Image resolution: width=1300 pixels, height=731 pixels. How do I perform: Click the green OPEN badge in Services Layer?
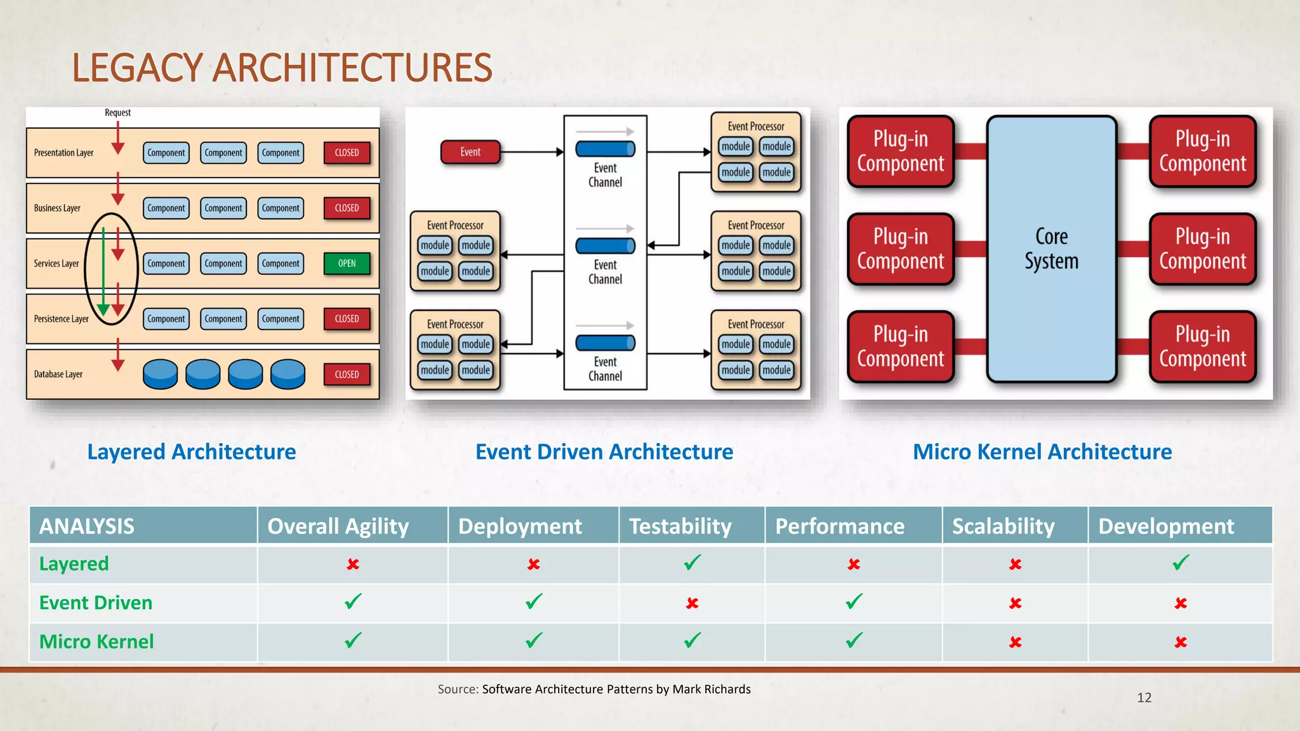pyautogui.click(x=347, y=263)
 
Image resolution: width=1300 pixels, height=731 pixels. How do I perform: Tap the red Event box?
pyautogui.click(x=470, y=152)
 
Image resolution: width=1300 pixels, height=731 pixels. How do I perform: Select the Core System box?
pyautogui.click(x=1051, y=249)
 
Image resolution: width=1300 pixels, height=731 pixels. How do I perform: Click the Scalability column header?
pyautogui.click(x=1003, y=526)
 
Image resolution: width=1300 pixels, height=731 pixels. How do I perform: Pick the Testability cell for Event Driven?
pyautogui.click(x=692, y=603)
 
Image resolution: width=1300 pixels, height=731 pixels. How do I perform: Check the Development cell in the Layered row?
pyautogui.click(x=1180, y=563)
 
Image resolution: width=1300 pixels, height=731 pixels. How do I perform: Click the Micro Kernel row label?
pyautogui.click(x=96, y=642)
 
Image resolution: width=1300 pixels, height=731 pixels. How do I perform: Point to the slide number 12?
pyautogui.click(x=1144, y=697)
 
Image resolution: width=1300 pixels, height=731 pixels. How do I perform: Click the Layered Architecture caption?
pyautogui.click(x=192, y=452)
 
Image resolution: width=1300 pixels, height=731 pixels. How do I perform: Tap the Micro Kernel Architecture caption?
pyautogui.click(x=1042, y=452)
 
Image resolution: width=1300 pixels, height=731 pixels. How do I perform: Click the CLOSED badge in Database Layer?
pyautogui.click(x=347, y=374)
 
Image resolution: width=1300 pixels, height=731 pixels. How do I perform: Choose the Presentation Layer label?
pyautogui.click(x=63, y=153)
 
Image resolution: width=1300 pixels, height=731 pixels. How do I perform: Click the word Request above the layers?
pyautogui.click(x=117, y=113)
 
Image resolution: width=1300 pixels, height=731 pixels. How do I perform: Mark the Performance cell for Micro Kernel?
pyautogui.click(x=854, y=642)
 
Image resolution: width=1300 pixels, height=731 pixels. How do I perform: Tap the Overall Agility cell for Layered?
pyautogui.click(x=353, y=564)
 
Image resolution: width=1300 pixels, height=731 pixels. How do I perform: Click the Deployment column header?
pyautogui.click(x=520, y=526)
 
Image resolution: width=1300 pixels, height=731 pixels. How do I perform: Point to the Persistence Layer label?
pyautogui.click(x=61, y=319)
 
